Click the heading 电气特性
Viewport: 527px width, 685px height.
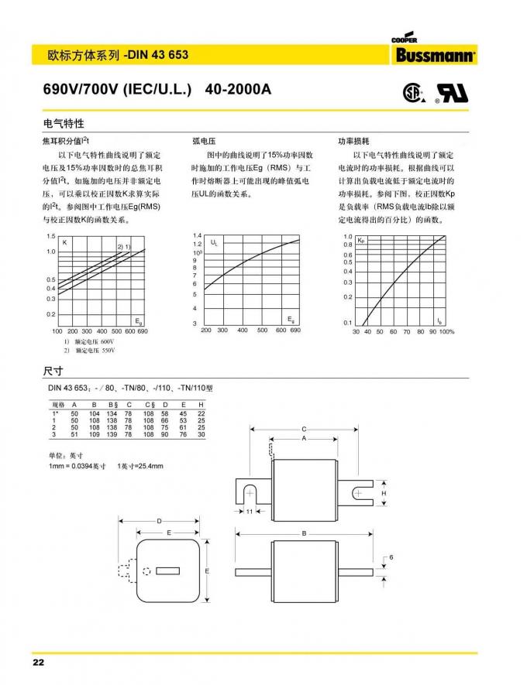pos(63,124)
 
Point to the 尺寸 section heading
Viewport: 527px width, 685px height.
pos(52,370)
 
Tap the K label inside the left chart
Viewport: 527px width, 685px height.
pos(65,242)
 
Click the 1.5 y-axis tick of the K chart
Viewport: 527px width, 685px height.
pos(51,235)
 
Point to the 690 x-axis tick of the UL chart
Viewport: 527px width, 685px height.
pos(295,331)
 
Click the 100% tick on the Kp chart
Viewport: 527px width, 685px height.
pos(446,331)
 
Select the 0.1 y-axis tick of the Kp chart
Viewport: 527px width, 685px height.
pos(348,322)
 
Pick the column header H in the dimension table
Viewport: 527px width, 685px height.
pos(201,405)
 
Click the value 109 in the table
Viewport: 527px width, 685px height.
pos(94,434)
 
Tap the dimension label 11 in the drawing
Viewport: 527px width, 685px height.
pos(250,512)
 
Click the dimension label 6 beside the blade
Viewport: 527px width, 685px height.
pos(392,557)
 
